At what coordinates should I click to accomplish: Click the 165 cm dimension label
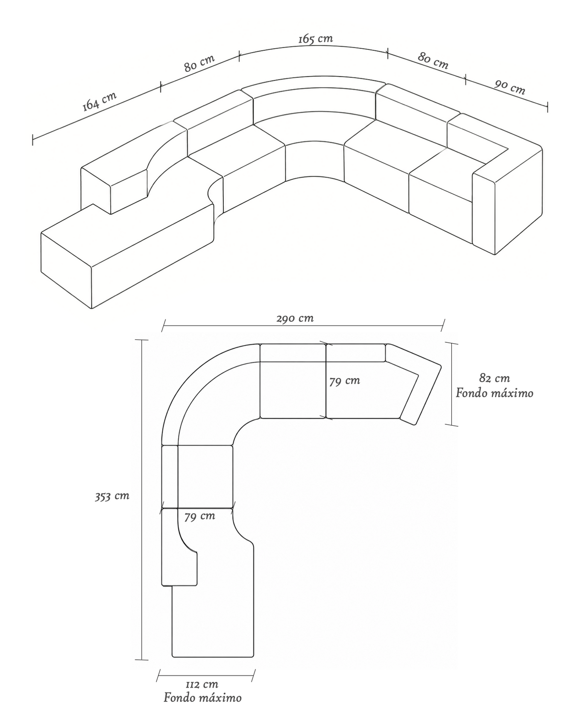click(x=316, y=39)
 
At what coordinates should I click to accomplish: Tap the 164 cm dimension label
click(x=99, y=101)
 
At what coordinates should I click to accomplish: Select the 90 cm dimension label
click(x=510, y=87)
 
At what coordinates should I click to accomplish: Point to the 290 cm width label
click(x=295, y=318)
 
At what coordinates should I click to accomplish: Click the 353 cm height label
click(x=112, y=496)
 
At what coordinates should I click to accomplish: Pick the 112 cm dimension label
click(x=202, y=684)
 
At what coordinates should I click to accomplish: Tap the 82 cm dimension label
click(x=494, y=378)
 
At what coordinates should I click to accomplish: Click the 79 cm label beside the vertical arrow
click(x=345, y=381)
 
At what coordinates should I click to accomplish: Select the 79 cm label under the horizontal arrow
click(x=200, y=516)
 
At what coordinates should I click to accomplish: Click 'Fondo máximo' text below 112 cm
click(x=203, y=698)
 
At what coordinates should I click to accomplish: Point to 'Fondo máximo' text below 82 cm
click(x=494, y=393)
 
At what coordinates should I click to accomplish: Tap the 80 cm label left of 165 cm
click(x=199, y=63)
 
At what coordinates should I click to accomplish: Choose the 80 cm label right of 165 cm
click(x=433, y=60)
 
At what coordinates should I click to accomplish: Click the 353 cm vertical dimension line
click(x=142, y=500)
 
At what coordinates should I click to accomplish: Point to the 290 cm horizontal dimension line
click(x=303, y=325)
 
